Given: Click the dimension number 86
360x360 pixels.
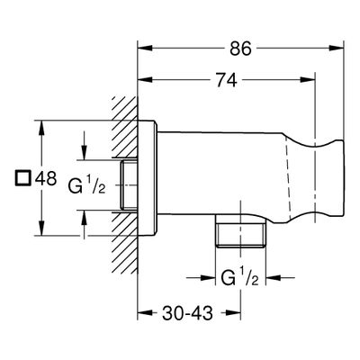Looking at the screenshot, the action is [240, 49].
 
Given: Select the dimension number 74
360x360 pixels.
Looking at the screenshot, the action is [227, 80].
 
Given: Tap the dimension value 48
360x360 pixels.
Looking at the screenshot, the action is [46, 178].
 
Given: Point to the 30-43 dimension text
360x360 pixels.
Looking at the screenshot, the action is [187, 313].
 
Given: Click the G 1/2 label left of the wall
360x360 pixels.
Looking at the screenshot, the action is [86, 186].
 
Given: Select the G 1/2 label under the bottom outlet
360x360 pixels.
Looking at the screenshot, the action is [239, 277].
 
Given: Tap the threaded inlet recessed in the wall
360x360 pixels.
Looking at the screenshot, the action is [129, 184].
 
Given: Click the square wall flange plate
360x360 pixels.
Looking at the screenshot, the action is [147, 178].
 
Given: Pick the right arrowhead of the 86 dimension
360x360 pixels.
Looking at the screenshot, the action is [336, 48].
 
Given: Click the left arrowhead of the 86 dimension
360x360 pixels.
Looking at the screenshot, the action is [145, 48].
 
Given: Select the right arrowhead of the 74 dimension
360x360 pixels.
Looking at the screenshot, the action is [308, 79].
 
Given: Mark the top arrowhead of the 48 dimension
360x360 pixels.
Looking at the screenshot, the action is [41, 128].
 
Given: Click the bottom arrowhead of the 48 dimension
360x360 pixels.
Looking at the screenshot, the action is [41, 229].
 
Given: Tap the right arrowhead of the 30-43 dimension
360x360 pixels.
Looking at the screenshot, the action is [233, 313].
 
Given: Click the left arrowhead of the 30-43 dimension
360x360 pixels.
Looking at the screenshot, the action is [145, 313].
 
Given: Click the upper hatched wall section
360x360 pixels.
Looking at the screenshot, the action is [124, 128].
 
